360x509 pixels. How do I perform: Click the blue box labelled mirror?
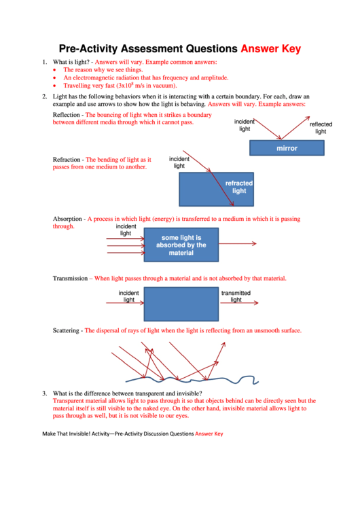(x=287, y=148)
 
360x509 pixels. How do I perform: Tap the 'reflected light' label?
(x=321, y=128)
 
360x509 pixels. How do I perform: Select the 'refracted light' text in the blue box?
(x=239, y=187)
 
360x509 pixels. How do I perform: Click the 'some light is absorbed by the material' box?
(x=181, y=245)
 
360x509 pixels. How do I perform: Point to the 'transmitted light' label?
(x=236, y=296)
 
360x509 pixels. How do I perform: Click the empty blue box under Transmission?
(x=181, y=304)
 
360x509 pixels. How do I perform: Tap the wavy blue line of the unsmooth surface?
(x=192, y=379)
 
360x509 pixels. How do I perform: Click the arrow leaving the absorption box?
(x=238, y=243)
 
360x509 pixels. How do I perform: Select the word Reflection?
(x=66, y=115)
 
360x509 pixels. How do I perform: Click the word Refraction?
(x=67, y=160)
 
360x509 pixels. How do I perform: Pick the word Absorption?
(x=67, y=219)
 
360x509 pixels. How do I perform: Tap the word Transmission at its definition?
(x=71, y=278)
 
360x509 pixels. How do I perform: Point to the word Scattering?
(x=66, y=330)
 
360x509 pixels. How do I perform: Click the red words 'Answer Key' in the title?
(x=271, y=49)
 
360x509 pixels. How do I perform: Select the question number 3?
(x=44, y=393)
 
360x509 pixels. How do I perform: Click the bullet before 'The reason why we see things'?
(x=54, y=70)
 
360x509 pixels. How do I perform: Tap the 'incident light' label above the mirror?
(x=245, y=125)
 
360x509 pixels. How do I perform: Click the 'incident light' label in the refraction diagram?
(x=179, y=162)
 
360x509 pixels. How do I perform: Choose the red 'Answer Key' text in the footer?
(x=209, y=434)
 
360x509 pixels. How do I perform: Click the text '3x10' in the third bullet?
(x=124, y=86)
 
